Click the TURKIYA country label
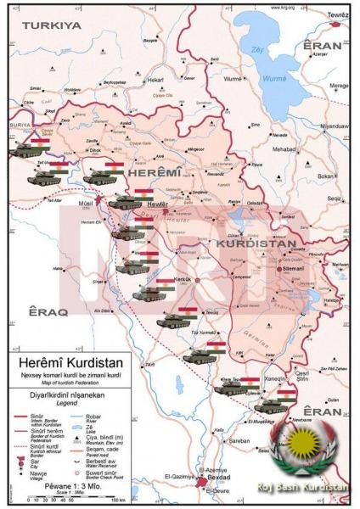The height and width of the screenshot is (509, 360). pos(52,25)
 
